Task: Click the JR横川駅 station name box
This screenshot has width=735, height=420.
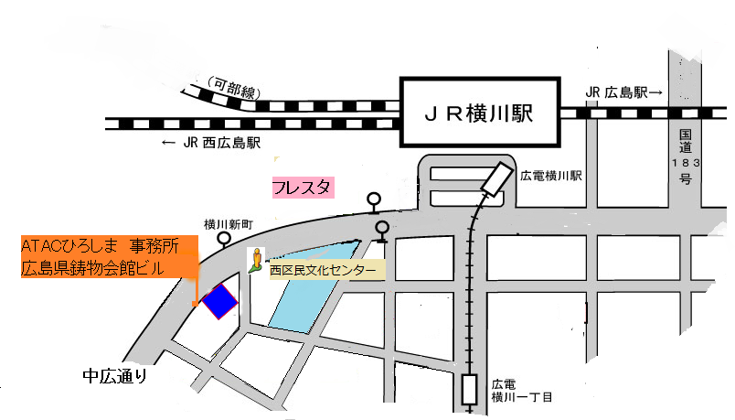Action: [x=479, y=114]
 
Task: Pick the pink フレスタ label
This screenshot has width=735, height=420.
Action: [x=304, y=188]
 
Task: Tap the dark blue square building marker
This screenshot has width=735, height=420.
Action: [x=219, y=301]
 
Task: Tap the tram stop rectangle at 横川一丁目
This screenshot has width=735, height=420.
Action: [x=470, y=390]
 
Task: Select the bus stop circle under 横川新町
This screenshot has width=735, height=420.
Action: [x=225, y=239]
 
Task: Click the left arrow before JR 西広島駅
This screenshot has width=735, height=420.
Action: [x=167, y=143]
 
